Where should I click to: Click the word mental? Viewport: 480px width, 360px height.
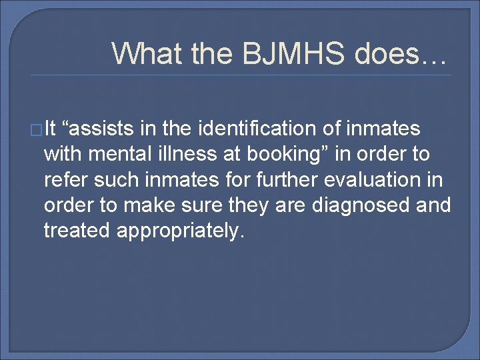(x=133, y=153)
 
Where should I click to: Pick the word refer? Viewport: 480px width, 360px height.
(x=62, y=179)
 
